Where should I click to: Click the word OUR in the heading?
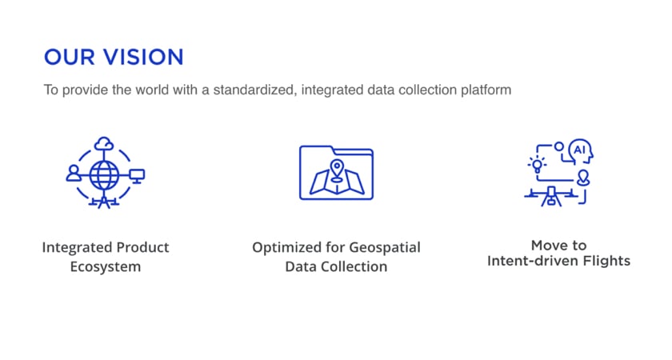70,57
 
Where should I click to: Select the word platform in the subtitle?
486,90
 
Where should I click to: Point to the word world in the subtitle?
152,90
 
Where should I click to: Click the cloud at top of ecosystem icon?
104,144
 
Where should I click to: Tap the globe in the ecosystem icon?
104,175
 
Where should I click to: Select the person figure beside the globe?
74,173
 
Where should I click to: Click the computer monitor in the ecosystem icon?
137,176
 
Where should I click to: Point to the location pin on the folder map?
338,170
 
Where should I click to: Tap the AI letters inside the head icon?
579,150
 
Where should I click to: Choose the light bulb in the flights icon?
537,165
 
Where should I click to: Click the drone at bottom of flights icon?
551,197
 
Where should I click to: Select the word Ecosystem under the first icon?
106,266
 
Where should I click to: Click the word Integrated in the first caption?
77,247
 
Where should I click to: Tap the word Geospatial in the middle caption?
385,247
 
